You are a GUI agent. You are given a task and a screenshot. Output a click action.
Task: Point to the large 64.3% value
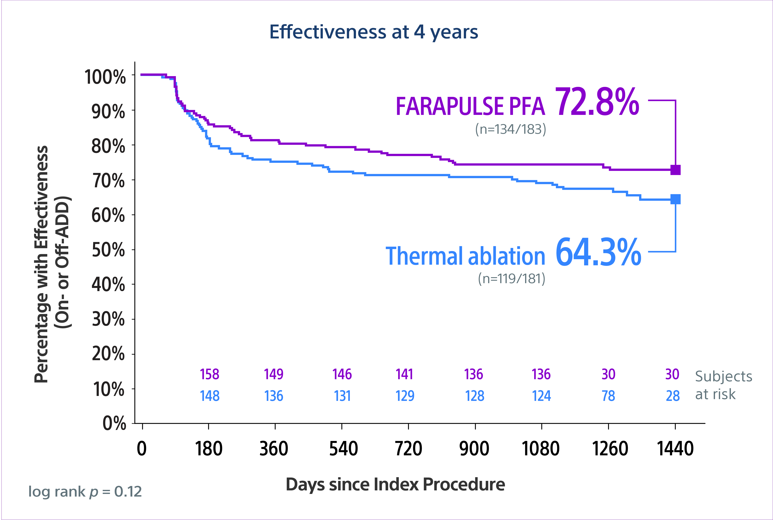[598, 252]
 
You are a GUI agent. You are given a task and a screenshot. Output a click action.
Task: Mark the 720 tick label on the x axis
[408, 449]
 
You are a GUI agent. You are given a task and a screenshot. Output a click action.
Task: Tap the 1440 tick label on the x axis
[675, 449]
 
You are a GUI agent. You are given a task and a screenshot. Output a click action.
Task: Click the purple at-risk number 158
[209, 374]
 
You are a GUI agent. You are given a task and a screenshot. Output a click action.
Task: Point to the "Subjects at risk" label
[723, 385]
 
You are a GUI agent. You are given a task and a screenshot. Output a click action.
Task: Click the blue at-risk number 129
[405, 396]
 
